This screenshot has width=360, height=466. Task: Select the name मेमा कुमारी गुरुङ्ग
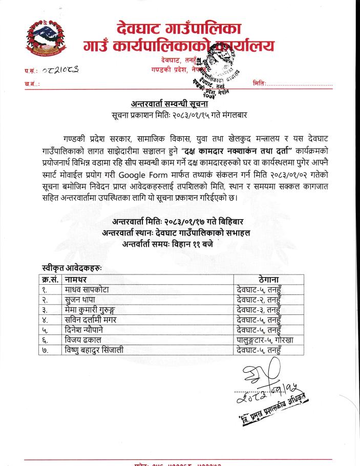100,311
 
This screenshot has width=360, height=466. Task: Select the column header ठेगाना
268,280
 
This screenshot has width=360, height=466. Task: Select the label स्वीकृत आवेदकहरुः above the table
72,268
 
